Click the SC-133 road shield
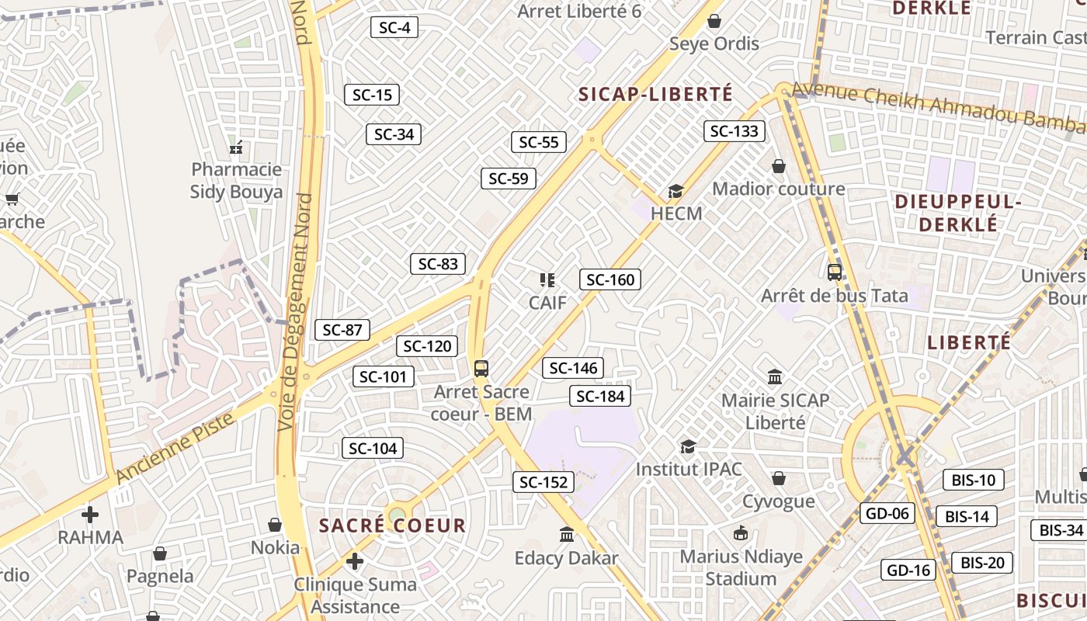[x=735, y=131]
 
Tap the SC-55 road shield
[x=539, y=142]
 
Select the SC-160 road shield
[x=610, y=279]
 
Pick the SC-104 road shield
[x=373, y=448]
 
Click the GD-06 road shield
[x=887, y=513]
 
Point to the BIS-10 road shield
[x=973, y=480]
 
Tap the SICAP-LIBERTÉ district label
[x=655, y=95]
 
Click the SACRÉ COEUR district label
[x=392, y=526]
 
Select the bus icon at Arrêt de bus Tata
[x=835, y=272]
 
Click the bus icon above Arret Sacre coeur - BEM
[x=481, y=369]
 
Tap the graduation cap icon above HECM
[x=676, y=191]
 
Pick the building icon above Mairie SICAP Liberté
[x=775, y=377]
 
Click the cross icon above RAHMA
[x=90, y=514]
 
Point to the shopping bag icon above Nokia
[x=274, y=525]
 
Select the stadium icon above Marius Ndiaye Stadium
[x=741, y=533]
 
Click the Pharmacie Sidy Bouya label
[x=236, y=180]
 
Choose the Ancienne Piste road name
[x=175, y=448]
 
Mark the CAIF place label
[x=547, y=302]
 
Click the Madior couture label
[x=778, y=189]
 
